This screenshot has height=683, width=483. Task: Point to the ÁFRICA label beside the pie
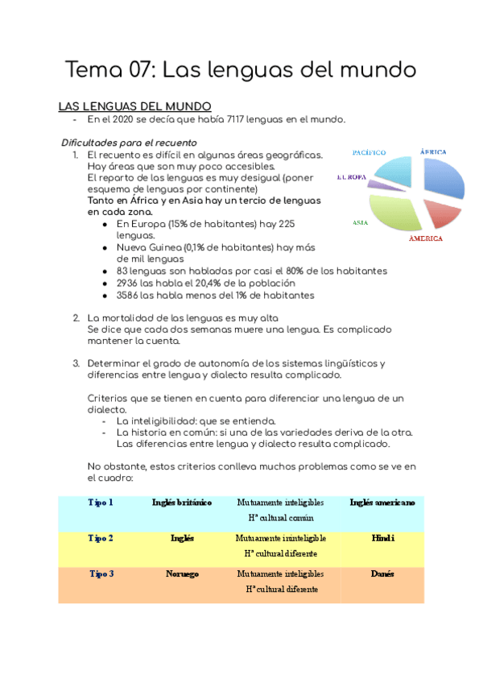coord(433,151)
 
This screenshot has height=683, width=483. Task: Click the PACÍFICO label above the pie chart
coord(369,152)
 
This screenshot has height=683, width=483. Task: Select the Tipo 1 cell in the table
coord(101,503)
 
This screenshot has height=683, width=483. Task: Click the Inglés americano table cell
coord(382,503)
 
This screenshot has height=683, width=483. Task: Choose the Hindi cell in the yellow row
coord(382,538)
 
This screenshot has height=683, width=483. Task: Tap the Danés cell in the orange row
coord(382,574)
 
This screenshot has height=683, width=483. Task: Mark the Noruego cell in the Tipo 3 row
coord(182,574)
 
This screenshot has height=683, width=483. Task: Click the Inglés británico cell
coord(182,503)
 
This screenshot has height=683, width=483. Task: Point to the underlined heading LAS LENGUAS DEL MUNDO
coord(134,106)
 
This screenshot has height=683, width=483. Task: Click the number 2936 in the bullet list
coord(129,284)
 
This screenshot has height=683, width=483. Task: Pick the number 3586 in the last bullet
coord(130,296)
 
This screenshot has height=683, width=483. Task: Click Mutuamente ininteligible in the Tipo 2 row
coord(280,538)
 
